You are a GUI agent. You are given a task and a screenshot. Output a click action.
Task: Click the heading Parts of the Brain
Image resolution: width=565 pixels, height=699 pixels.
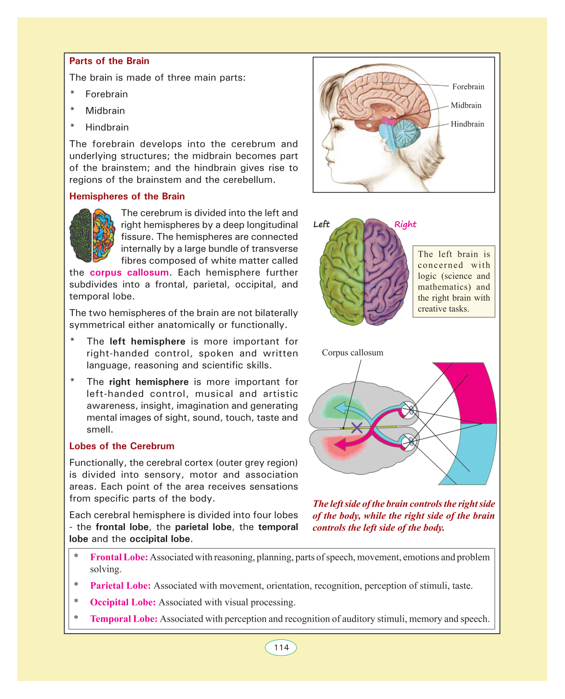[x=109, y=61]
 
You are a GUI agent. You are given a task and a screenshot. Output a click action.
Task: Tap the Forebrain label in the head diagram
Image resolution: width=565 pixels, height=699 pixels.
[x=468, y=86]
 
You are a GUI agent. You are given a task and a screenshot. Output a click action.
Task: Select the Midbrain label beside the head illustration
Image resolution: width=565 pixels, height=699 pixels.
[x=466, y=105]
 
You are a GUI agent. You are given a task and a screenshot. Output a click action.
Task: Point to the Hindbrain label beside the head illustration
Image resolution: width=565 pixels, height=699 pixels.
[x=467, y=124]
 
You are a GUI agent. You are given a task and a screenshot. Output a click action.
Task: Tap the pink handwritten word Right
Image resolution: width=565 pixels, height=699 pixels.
[x=405, y=225]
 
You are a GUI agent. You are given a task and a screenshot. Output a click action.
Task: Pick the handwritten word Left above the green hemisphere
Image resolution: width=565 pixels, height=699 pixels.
[x=321, y=224]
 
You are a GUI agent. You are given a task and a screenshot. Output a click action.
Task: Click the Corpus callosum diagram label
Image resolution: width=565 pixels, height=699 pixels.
[x=352, y=353]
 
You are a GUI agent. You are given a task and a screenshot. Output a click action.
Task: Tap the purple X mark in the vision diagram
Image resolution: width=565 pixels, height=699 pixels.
[x=357, y=428]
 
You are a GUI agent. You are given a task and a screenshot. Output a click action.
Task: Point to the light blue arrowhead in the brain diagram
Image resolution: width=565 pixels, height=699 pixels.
[x=340, y=408]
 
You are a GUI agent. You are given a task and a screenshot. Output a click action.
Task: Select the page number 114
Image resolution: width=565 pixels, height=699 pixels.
[x=281, y=648]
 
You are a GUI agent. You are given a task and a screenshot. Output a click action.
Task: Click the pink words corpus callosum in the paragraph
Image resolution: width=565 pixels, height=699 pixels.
[x=129, y=273]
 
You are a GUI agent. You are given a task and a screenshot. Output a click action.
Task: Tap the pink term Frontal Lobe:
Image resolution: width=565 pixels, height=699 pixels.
[x=119, y=557]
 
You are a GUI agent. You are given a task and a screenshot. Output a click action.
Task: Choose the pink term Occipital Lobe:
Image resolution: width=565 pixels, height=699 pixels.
[x=123, y=602]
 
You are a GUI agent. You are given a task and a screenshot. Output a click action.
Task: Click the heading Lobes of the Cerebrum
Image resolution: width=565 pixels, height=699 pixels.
[x=122, y=446]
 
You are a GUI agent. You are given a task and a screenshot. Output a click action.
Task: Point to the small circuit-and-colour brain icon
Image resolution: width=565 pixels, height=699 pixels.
[x=92, y=235]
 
